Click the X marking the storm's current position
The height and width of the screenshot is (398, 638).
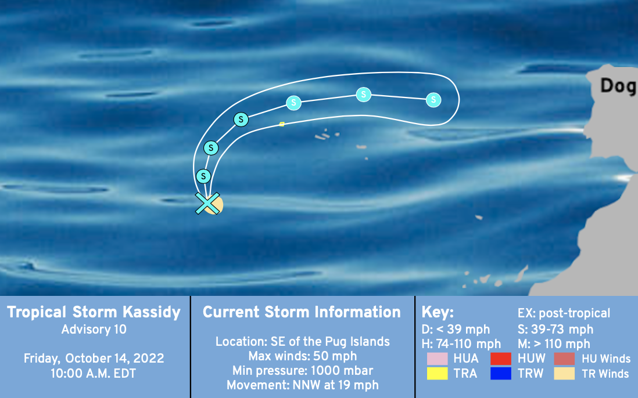tap(207, 203)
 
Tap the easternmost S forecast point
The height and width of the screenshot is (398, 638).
tap(433, 100)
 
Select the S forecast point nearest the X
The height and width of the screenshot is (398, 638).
tap(203, 176)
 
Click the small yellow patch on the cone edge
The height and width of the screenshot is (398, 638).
tap(281, 124)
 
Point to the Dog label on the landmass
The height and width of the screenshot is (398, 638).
tap(618, 86)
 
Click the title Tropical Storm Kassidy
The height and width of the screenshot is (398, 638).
tap(94, 312)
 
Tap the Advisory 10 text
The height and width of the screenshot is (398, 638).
tap(94, 330)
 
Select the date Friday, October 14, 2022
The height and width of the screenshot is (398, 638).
tap(94, 359)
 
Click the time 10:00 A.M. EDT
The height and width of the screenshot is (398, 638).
tap(94, 374)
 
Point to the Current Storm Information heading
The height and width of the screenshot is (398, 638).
tap(302, 312)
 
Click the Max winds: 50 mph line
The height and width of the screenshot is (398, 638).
tap(303, 356)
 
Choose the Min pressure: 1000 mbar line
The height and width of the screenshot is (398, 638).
tap(303, 371)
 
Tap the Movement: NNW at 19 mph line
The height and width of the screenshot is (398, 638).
tap(303, 385)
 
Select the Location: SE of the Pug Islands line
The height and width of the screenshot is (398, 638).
tap(303, 342)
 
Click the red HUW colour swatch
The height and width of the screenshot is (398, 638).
tap(501, 359)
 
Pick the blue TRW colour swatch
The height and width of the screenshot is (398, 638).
tap(501, 373)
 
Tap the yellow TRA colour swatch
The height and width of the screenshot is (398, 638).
tap(438, 373)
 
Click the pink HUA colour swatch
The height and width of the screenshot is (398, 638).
tap(438, 359)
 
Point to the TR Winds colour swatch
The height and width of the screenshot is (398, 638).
tap(564, 373)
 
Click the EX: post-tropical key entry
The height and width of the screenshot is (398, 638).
tap(564, 313)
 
